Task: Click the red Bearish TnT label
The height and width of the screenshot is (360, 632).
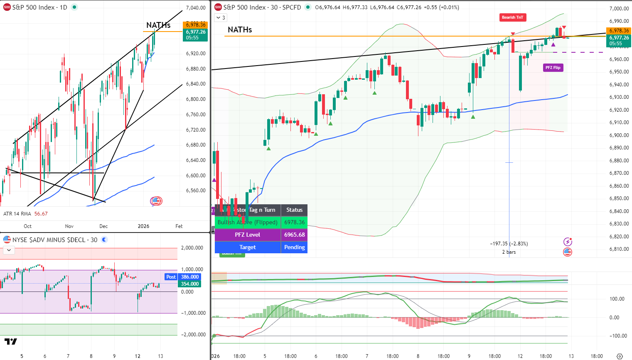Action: [x=512, y=17]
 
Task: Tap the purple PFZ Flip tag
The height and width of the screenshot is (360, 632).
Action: [x=553, y=68]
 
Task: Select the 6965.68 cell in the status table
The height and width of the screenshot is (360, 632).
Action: [x=294, y=235]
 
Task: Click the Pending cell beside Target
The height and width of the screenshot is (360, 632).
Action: [x=294, y=247]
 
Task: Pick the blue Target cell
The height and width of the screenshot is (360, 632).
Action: [x=248, y=247]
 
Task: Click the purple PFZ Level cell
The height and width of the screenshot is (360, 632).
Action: [x=248, y=235]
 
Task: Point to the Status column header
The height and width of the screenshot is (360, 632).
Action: [x=294, y=210]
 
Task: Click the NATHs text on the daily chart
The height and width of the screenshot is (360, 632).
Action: [x=158, y=25]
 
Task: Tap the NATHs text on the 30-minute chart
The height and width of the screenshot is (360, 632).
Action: [x=240, y=29]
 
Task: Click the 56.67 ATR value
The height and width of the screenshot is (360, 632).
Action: [x=41, y=214]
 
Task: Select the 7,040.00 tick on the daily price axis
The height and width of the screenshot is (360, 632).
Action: [x=196, y=8]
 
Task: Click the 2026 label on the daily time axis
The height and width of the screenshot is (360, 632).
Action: [x=143, y=226]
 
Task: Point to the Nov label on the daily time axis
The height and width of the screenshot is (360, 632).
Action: [x=69, y=226]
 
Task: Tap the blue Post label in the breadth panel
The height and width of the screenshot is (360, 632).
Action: [x=171, y=277]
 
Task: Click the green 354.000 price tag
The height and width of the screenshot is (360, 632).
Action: [x=190, y=284]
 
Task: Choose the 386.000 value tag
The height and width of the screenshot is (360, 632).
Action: [x=190, y=277]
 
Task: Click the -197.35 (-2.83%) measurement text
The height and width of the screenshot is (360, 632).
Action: [x=509, y=244]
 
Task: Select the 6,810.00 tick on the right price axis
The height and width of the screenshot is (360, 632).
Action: [x=619, y=249]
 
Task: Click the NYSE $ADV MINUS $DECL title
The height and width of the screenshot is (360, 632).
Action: [x=49, y=240]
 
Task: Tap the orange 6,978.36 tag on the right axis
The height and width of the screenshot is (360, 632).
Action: [x=619, y=31]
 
